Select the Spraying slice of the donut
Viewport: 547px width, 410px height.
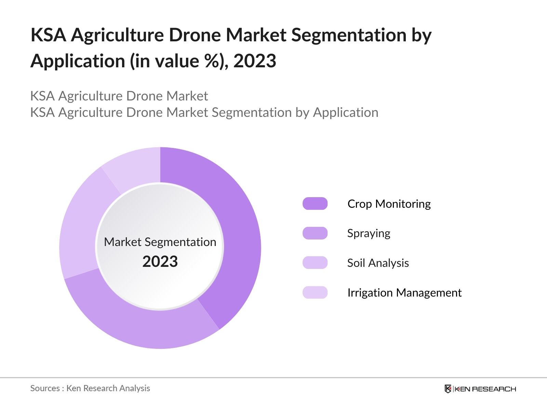coord(144,325)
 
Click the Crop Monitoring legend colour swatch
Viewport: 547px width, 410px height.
coord(315,204)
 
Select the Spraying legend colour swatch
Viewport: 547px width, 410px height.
coord(315,233)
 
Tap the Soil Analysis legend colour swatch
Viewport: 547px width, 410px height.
coord(315,263)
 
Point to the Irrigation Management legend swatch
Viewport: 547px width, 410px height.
coord(315,292)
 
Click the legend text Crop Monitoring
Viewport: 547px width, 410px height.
coord(389,204)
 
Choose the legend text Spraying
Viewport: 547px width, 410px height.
coord(369,233)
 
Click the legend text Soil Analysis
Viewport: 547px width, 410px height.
coord(378,263)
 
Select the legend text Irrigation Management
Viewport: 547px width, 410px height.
coord(404,292)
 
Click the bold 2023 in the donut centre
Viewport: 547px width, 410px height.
coord(160,261)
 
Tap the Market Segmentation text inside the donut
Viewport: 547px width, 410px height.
coord(160,242)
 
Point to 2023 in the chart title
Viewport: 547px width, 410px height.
coord(255,61)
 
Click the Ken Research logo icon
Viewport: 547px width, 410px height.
coord(448,389)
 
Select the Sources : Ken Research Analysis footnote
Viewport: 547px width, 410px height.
coord(90,388)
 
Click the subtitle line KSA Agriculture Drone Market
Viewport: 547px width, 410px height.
coord(119,96)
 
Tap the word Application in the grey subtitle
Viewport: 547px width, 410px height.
coord(346,112)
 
